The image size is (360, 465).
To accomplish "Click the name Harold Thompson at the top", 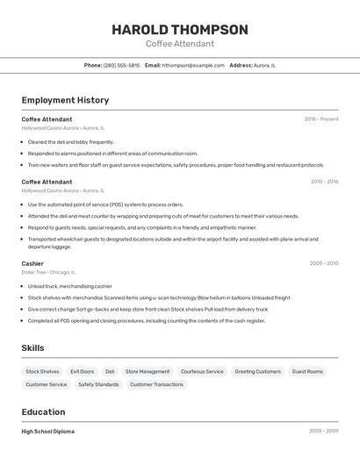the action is click(x=179, y=30).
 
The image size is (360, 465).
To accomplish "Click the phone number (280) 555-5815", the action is click(x=121, y=65).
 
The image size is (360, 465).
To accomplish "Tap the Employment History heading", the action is click(x=65, y=100).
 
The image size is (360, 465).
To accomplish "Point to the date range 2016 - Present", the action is click(x=320, y=119).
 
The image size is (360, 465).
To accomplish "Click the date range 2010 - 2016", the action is click(x=324, y=182).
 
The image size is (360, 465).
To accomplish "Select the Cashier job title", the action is click(x=32, y=263).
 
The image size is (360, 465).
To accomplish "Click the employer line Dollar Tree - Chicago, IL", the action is click(x=48, y=272).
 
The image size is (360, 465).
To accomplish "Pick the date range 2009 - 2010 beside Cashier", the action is click(x=324, y=263).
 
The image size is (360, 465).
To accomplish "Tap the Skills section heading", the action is click(x=33, y=348).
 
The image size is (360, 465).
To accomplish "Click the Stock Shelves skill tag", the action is click(x=42, y=371).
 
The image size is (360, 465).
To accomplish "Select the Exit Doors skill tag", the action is click(x=82, y=371).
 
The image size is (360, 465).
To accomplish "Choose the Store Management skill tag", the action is click(x=148, y=371).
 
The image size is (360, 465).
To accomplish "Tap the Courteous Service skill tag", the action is click(x=202, y=371).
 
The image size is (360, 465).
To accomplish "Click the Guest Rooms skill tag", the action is click(x=307, y=371).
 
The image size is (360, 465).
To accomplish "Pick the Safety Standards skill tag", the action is click(x=98, y=384).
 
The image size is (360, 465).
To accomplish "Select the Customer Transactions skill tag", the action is click(x=156, y=384).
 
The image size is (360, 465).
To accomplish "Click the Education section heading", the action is click(x=43, y=411).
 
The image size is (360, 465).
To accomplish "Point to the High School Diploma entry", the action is click(x=48, y=432).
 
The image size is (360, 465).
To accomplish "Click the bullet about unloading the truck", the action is click(x=70, y=286).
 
